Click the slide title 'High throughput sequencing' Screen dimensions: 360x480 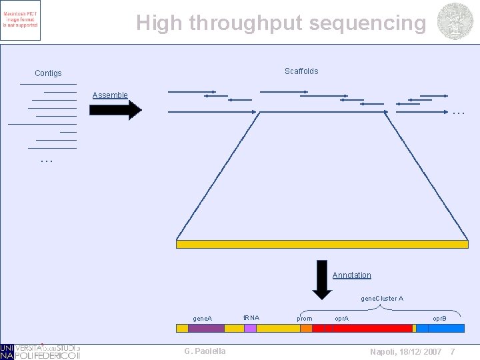[x=281, y=23]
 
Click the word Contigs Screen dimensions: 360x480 [x=48, y=73]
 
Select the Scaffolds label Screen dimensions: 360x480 [x=301, y=71]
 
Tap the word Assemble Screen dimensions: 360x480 [x=110, y=95]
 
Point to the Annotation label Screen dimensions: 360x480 [x=351, y=275]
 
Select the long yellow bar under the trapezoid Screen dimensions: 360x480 [x=322, y=244]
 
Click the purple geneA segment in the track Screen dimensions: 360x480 [x=206, y=328]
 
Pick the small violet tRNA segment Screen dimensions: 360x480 [x=250, y=328]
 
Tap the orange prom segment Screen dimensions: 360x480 [x=307, y=328]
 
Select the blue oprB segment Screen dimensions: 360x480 [x=422, y=328]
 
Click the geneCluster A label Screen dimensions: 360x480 [x=381, y=299]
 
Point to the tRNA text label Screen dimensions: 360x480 [x=251, y=317]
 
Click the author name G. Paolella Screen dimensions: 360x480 [x=205, y=351]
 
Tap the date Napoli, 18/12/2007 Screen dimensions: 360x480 [x=405, y=351]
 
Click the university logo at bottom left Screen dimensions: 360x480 [x=40, y=351]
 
